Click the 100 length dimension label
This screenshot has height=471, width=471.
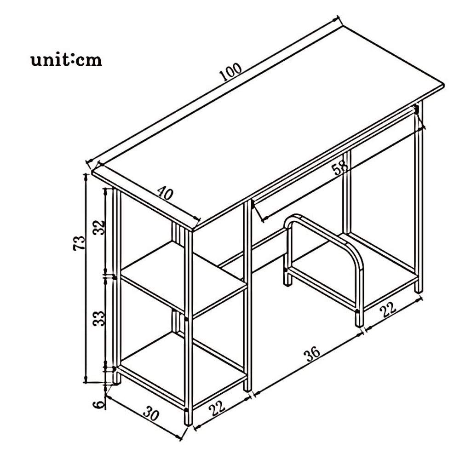click(231, 72)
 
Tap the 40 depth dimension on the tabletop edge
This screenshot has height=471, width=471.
click(165, 193)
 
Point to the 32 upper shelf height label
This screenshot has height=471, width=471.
click(99, 228)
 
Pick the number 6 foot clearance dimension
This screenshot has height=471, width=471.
click(99, 404)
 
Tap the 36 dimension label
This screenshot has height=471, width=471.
click(313, 355)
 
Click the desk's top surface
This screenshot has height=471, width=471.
click(267, 126)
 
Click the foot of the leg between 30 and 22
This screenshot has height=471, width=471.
click(188, 418)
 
